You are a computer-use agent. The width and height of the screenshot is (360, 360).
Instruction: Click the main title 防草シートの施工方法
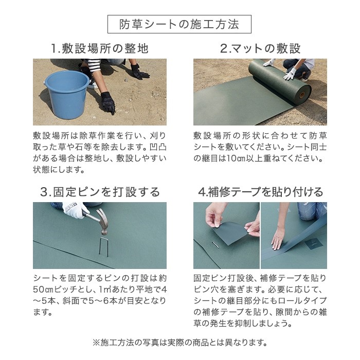(179, 24)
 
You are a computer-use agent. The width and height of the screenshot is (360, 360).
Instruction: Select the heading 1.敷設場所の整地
(100, 48)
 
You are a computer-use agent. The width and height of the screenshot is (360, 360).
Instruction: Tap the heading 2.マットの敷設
(260, 48)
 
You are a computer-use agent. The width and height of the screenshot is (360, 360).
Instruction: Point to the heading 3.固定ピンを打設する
(100, 192)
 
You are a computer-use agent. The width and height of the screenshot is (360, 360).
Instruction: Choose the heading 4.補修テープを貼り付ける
(260, 192)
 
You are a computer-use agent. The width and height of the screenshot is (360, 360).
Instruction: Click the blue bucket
(66, 95)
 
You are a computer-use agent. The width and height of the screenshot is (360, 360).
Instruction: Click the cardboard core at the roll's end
(302, 94)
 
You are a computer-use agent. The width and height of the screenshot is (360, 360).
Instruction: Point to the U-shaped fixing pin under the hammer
(103, 247)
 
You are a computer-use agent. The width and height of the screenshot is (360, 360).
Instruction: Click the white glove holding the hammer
(73, 210)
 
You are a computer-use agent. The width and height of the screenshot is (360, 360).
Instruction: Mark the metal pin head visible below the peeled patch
(216, 245)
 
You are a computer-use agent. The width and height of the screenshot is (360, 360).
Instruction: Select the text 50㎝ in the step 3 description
(43, 290)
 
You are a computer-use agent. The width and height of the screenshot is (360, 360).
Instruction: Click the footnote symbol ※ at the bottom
(96, 343)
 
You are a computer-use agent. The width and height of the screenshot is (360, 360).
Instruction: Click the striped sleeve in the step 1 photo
(94, 65)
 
